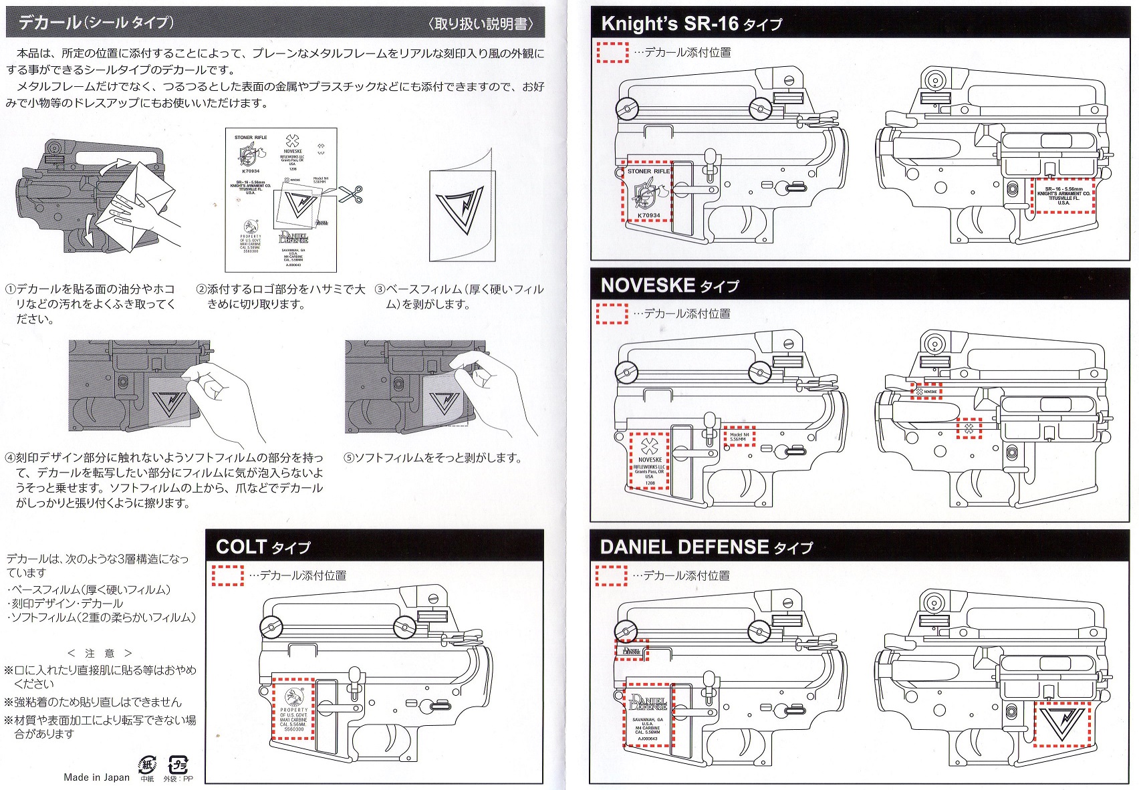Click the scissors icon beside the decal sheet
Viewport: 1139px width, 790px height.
click(x=351, y=194)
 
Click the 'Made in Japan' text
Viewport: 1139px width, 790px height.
click(x=96, y=777)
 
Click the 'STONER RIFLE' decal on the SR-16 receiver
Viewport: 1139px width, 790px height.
click(x=648, y=192)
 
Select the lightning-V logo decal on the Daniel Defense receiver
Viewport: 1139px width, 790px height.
click(x=1061, y=724)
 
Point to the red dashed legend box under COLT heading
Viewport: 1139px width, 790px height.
click(x=228, y=575)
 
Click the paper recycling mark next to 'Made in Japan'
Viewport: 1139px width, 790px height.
click(x=146, y=765)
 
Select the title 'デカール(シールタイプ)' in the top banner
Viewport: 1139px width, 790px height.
click(x=96, y=23)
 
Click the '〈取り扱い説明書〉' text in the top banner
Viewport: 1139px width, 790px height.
click(x=481, y=24)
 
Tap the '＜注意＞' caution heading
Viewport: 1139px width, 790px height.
click(x=100, y=653)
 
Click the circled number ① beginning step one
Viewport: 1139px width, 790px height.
click(x=10, y=289)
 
